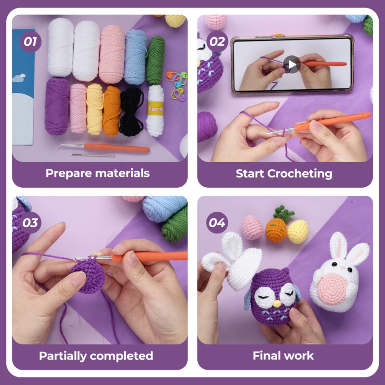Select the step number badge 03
31,223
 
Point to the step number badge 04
217,223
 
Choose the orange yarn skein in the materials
112,110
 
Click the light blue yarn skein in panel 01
135,57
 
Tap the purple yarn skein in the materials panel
57,106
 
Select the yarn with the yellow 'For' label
155,111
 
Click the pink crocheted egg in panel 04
252,227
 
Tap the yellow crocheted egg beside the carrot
298,231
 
